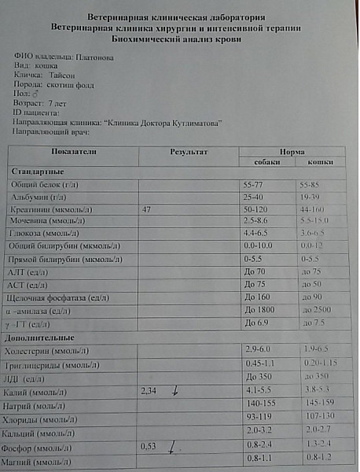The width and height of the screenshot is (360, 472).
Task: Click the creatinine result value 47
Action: (147, 211)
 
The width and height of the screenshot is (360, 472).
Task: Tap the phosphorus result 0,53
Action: (149, 446)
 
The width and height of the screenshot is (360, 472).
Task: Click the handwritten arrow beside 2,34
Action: (175, 389)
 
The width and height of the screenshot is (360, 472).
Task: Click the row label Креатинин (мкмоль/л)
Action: (51, 211)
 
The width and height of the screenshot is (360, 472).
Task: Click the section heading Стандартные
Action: (36, 171)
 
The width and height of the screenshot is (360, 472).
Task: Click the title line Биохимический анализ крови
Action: (180, 38)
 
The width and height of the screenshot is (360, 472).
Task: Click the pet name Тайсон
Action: (61, 76)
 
